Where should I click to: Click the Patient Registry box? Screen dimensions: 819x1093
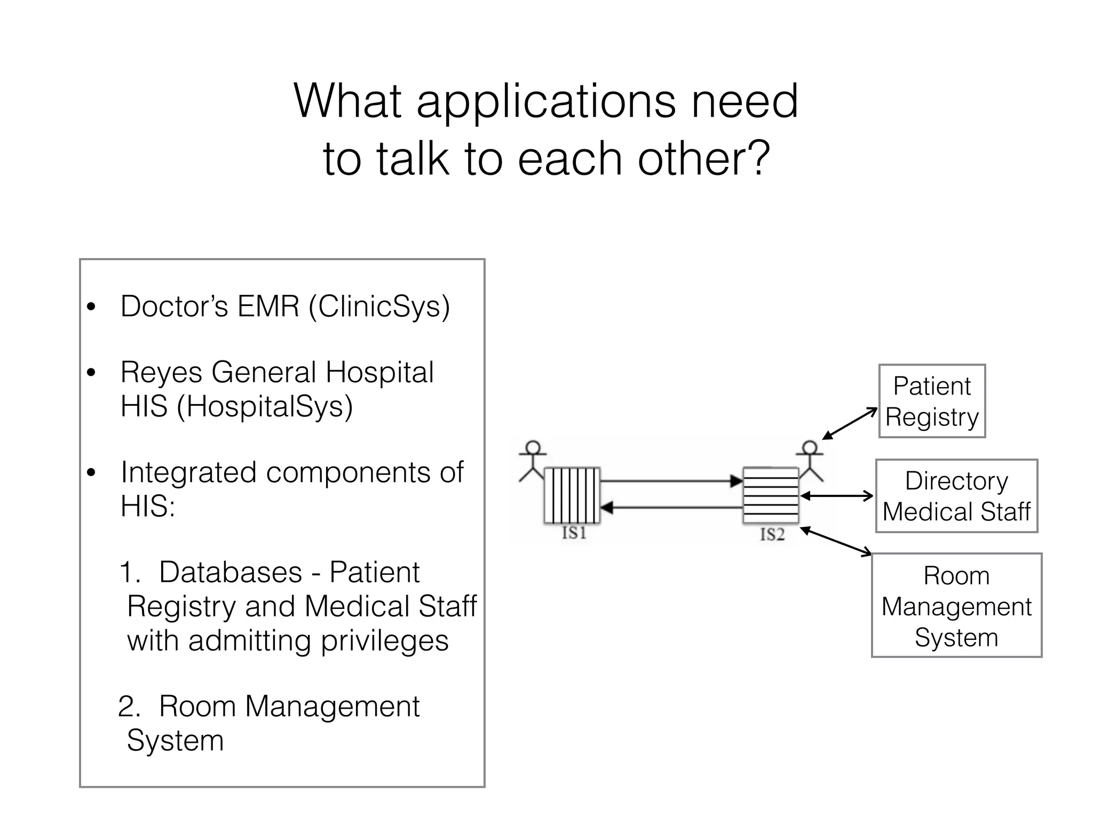click(x=932, y=401)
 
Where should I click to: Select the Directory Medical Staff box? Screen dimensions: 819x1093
click(x=956, y=496)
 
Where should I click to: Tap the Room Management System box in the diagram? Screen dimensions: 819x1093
click(x=956, y=605)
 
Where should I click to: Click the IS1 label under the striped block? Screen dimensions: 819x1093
click(x=574, y=533)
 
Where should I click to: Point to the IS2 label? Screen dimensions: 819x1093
click(x=772, y=534)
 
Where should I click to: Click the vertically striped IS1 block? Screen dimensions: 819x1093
click(x=572, y=495)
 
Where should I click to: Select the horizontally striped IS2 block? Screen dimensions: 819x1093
click(x=771, y=495)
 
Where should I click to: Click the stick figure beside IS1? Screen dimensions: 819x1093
click(x=533, y=460)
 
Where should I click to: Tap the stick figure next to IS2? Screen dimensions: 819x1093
click(x=810, y=460)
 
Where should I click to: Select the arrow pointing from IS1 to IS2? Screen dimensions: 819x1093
click(x=671, y=481)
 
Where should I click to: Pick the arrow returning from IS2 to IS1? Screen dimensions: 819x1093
click(x=671, y=508)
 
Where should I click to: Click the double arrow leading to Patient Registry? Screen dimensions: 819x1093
click(x=850, y=424)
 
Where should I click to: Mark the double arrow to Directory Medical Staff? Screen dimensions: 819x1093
click(x=837, y=496)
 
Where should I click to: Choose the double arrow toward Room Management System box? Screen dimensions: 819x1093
click(x=836, y=541)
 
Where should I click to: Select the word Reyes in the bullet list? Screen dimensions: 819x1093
click(x=161, y=372)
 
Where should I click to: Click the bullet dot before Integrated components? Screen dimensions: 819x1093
click(x=91, y=473)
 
